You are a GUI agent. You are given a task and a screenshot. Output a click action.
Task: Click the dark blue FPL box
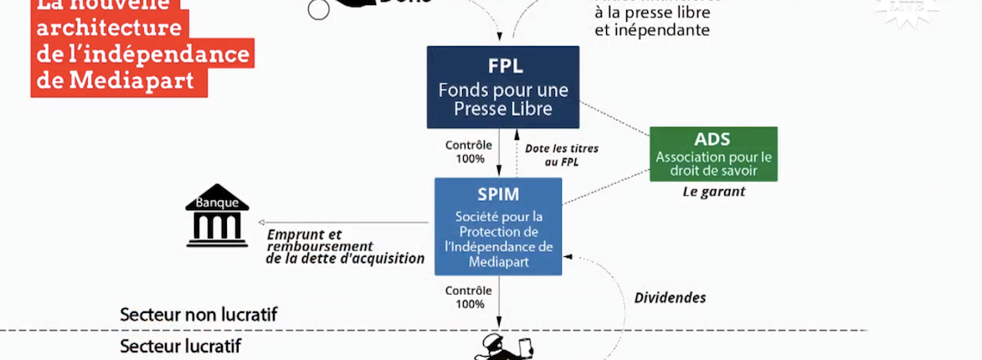point(502,87)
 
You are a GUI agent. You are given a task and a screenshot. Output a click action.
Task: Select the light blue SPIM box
point(498,226)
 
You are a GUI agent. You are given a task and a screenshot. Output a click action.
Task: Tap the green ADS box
point(713,154)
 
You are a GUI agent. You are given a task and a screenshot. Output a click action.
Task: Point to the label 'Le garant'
point(713,192)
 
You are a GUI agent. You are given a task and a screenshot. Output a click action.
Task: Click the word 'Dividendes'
point(670,297)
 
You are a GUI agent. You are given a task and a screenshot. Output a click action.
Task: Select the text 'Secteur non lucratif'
point(198,315)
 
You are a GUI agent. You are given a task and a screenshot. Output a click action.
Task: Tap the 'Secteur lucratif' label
point(181,345)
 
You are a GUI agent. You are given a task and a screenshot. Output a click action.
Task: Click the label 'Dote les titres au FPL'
point(562,155)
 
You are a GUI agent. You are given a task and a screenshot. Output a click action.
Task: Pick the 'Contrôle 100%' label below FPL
point(468,152)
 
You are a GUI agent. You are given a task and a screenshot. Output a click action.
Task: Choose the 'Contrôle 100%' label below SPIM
point(468,297)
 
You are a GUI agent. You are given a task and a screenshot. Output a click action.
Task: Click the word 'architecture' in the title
point(109,28)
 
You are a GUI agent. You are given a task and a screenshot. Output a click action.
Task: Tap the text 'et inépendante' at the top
point(652,31)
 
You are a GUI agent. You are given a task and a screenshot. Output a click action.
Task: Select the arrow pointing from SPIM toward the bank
point(343,222)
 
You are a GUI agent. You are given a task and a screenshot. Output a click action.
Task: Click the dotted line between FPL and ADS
point(615,118)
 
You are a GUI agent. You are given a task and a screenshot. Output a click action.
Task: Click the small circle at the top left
point(318,9)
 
